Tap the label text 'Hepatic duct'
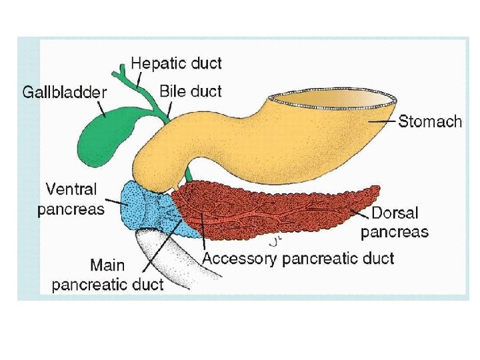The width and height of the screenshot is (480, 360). pos(176,64)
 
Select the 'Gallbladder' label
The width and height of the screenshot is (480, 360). pos(64,93)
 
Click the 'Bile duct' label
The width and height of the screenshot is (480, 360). pos(191,91)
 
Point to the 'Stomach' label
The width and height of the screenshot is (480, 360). pos(429,121)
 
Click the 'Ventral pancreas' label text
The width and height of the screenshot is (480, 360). pos(71,199)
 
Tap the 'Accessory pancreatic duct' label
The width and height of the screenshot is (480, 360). pos(298,258)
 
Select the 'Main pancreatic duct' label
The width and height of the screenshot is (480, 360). pos(107,275)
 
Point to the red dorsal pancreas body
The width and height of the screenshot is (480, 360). pos(280,210)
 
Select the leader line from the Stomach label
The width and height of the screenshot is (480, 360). pos(384,121)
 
